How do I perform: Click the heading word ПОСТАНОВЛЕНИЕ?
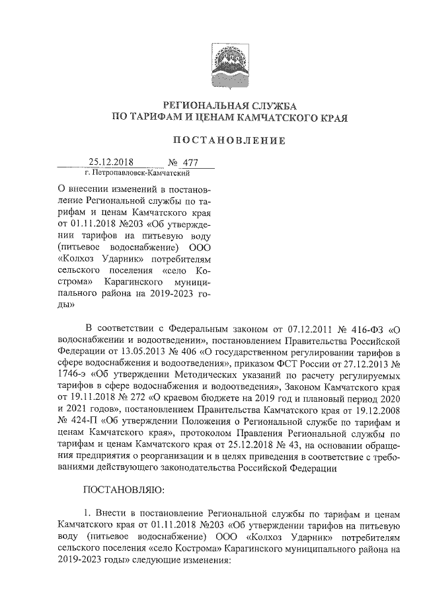click(x=229, y=140)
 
